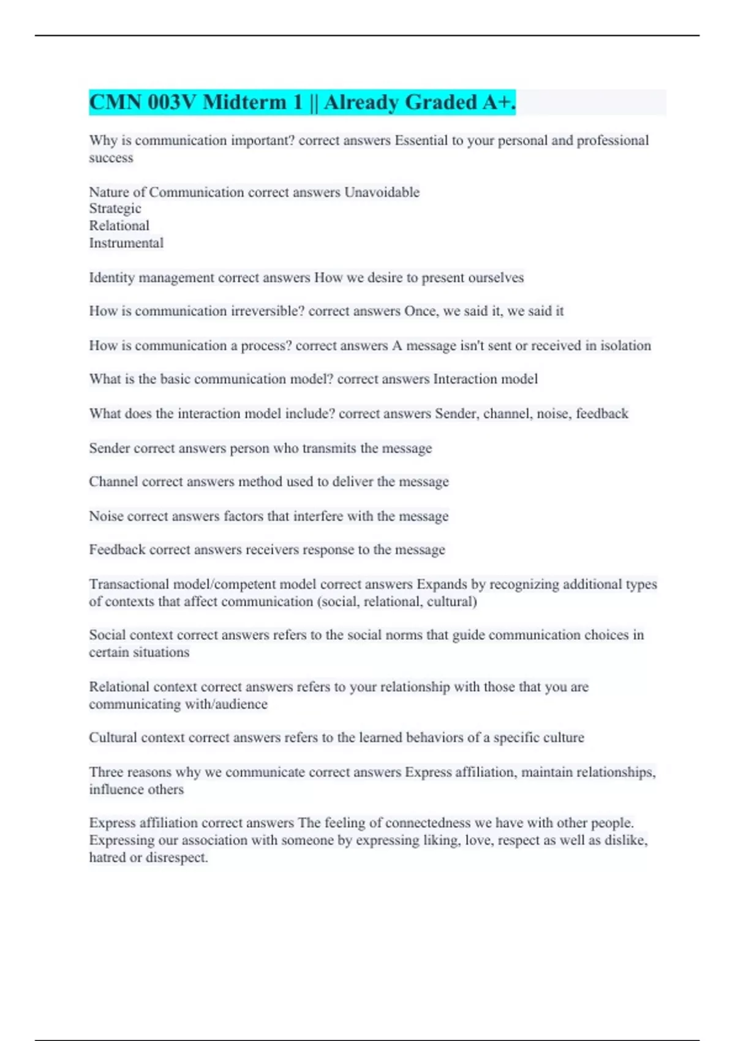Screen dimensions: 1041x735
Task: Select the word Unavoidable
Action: tap(382, 192)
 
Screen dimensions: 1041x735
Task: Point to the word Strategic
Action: tap(115, 209)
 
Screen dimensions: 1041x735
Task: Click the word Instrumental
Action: tap(126, 243)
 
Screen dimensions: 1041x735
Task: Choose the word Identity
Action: tap(111, 278)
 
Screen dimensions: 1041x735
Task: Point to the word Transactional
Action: tap(129, 584)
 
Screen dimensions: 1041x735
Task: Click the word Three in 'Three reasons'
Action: tap(107, 772)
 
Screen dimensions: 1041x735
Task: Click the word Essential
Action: tap(421, 141)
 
